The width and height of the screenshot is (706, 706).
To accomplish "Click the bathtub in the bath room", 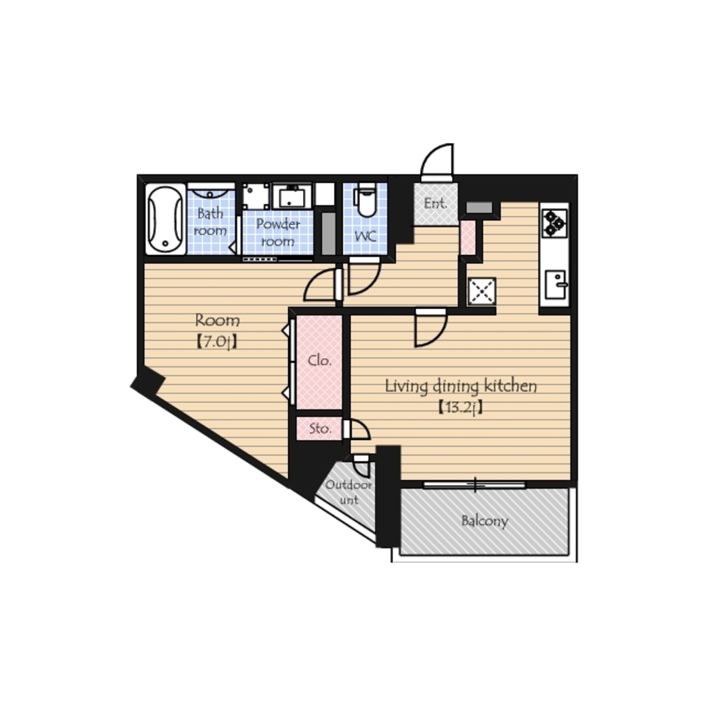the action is point(165,219).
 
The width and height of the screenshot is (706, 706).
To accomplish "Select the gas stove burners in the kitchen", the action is point(555,223).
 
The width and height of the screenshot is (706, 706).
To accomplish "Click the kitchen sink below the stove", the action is point(556,285).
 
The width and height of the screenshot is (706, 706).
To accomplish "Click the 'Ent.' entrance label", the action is point(436,203).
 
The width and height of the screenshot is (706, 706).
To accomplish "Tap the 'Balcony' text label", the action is point(485,521).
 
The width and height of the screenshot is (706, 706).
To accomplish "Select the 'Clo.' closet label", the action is point(320,361).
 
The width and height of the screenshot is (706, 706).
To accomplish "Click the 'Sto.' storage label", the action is point(320,429).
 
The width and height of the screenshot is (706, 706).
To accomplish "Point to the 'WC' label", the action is point(365,236).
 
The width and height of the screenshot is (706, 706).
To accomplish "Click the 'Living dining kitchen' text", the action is point(460,386).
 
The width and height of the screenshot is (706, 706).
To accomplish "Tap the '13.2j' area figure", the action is point(460,407).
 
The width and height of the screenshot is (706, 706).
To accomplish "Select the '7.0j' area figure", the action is point(217,342).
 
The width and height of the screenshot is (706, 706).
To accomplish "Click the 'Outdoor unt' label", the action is point(349,492).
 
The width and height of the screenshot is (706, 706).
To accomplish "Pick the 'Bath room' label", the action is point(210,222).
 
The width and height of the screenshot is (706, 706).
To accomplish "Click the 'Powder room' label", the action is point(277,232).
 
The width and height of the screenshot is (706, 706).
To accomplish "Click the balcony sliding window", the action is point(474,484).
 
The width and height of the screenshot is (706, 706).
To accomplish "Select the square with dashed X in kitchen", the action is point(481,292).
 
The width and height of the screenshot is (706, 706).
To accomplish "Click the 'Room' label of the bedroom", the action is point(217,321).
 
